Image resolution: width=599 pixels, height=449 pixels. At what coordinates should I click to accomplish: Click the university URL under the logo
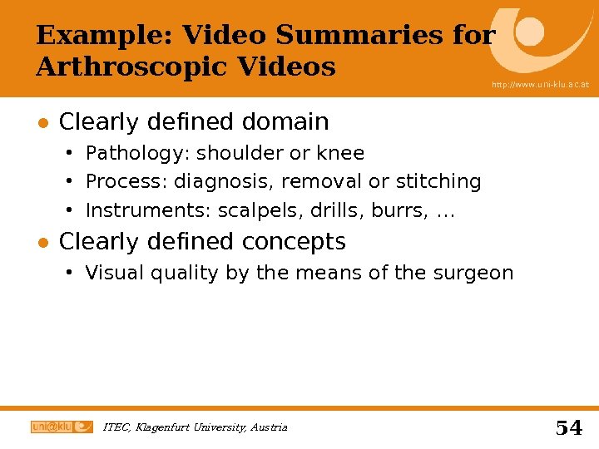[x=539, y=85]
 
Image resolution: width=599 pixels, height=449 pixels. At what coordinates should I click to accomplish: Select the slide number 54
[x=569, y=427]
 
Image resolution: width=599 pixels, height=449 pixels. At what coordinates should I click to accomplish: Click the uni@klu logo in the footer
[x=62, y=427]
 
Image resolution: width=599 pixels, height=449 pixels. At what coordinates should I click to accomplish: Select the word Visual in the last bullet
[x=112, y=273]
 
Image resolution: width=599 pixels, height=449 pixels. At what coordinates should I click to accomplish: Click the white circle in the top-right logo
[x=530, y=32]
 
